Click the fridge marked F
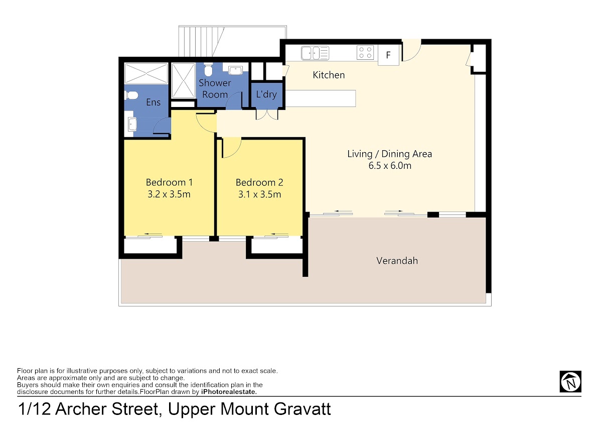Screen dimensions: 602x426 [388, 55]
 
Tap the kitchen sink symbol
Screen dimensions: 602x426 [315, 53]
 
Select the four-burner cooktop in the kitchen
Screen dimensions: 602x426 [365, 52]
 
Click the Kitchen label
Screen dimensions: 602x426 [329, 75]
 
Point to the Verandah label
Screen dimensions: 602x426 [397, 261]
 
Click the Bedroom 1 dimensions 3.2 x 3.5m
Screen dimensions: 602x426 [169, 194]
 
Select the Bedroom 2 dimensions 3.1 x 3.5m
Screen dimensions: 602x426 [260, 194]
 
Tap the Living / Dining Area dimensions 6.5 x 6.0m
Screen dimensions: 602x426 [390, 165]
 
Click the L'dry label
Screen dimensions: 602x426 [266, 94]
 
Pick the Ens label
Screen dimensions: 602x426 [153, 102]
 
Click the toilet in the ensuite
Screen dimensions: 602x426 [131, 95]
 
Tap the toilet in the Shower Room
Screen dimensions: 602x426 [208, 70]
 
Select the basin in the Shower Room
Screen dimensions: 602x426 [235, 70]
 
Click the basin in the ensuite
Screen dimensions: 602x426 [132, 124]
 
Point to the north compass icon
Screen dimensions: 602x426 [570, 382]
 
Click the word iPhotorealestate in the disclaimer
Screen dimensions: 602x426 [229, 392]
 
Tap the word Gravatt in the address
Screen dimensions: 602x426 [303, 409]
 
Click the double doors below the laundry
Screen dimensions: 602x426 [267, 115]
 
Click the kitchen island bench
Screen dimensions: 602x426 [321, 98]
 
